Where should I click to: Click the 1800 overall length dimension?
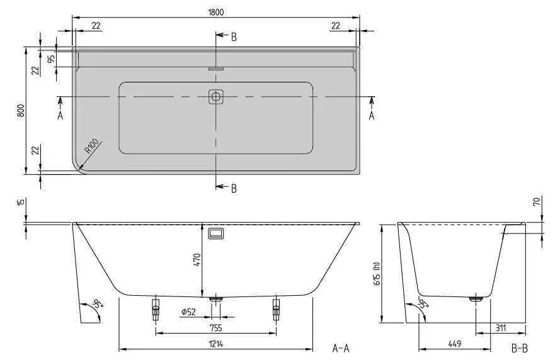[215, 12]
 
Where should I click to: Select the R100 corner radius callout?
[91, 149]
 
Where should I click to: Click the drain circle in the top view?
[216, 97]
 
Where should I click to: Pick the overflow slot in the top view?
[216, 69]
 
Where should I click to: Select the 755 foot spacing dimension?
[216, 327]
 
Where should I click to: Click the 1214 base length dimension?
[216, 344]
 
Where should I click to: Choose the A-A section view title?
[341, 348]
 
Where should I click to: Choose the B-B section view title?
[519, 348]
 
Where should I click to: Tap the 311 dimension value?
[501, 327]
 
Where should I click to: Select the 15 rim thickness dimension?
[21, 203]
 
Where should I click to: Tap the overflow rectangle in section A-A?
[216, 233]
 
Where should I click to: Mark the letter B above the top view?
[234, 37]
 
